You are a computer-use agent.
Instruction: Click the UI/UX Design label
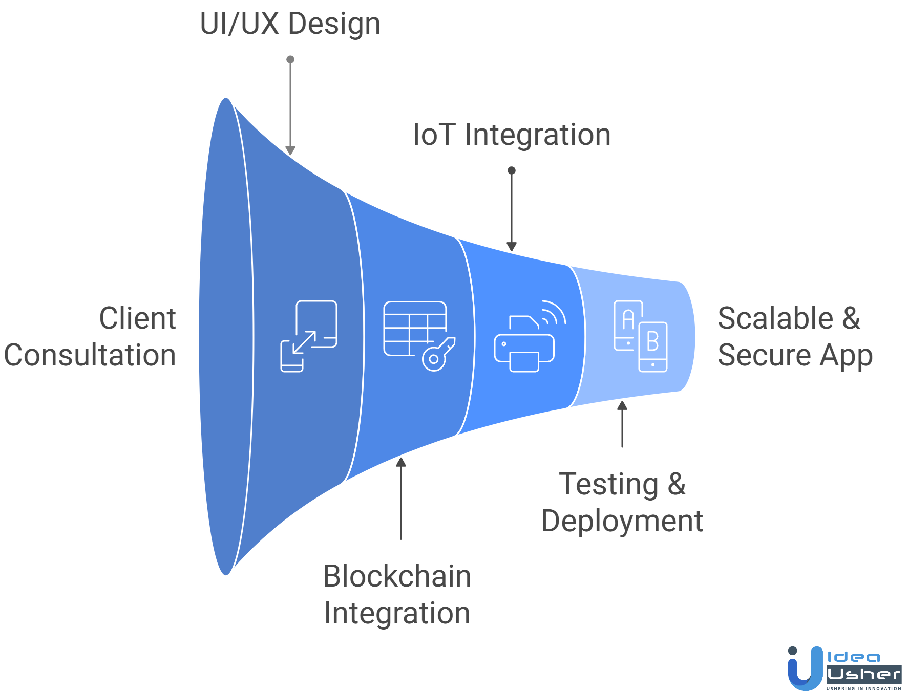click(x=290, y=24)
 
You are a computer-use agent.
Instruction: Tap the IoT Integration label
click(x=512, y=135)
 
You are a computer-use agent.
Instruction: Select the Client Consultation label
click(x=90, y=336)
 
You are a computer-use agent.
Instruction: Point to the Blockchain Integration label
click(x=397, y=594)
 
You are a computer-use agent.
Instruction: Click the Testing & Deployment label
click(x=622, y=502)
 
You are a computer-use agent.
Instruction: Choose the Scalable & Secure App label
click(x=795, y=336)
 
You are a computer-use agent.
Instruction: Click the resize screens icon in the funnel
click(x=309, y=336)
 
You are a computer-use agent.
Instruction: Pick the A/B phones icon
click(x=641, y=336)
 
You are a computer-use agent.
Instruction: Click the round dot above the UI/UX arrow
click(x=290, y=59)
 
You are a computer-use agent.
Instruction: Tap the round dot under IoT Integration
click(x=512, y=170)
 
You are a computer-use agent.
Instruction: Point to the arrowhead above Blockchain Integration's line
click(x=401, y=462)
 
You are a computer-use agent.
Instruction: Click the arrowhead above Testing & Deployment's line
click(x=622, y=406)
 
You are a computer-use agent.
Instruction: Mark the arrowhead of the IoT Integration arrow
click(x=512, y=247)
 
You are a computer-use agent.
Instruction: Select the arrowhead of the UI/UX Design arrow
click(x=290, y=150)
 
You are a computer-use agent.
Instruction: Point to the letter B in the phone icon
click(x=652, y=341)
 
